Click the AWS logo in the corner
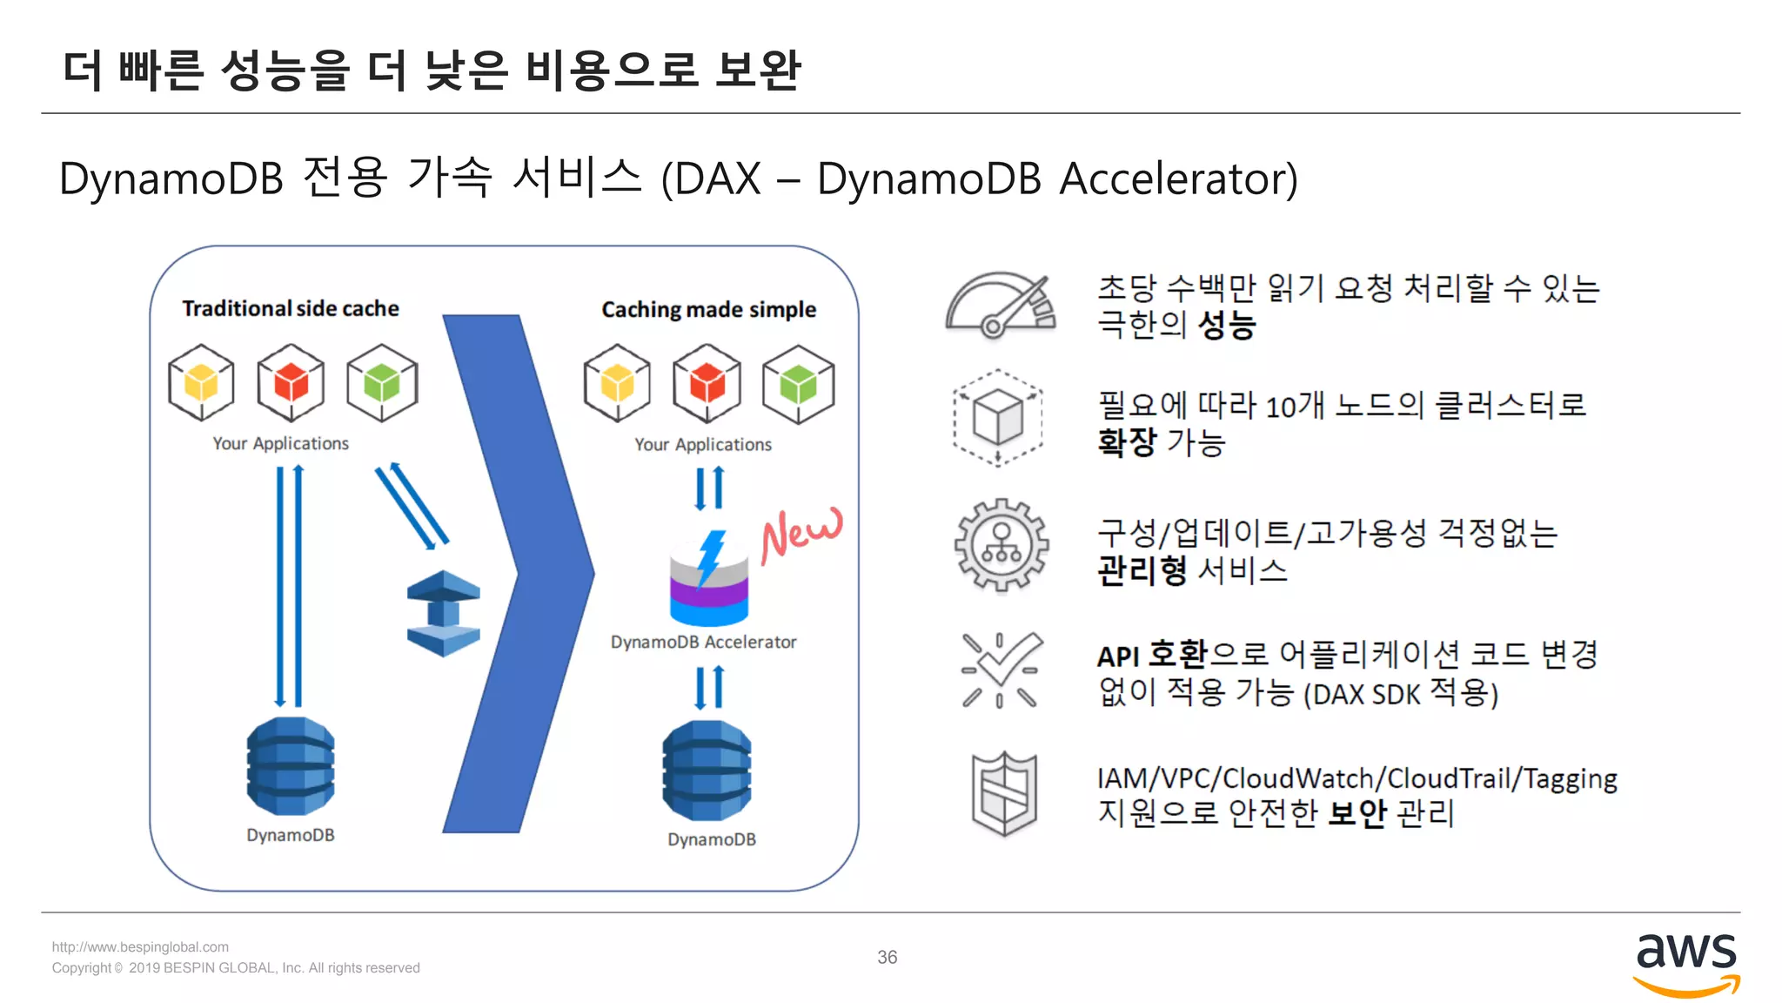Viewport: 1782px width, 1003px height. [x=1685, y=963]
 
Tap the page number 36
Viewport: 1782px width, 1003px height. [x=887, y=957]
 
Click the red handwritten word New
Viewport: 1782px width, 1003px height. [x=801, y=533]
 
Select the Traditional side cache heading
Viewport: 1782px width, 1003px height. [x=291, y=308]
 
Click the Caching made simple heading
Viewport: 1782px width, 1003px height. [x=708, y=310]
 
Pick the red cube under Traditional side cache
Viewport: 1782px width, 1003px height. [x=291, y=382]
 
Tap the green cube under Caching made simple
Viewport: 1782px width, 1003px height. [x=798, y=383]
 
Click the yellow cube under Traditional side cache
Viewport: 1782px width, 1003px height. [x=201, y=382]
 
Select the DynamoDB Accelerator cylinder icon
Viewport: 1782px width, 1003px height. [x=708, y=579]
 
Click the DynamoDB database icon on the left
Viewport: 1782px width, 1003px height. [x=291, y=765]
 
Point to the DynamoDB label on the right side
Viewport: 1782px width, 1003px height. [x=711, y=839]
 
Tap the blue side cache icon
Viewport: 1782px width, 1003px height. [x=443, y=613]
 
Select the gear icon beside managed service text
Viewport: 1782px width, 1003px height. [x=1001, y=545]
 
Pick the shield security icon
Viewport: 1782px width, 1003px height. [x=1003, y=794]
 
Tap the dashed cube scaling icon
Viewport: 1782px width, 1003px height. [x=997, y=418]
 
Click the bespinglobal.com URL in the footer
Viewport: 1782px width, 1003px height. [x=140, y=946]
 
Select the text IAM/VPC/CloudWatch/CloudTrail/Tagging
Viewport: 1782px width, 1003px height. [x=1356, y=778]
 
